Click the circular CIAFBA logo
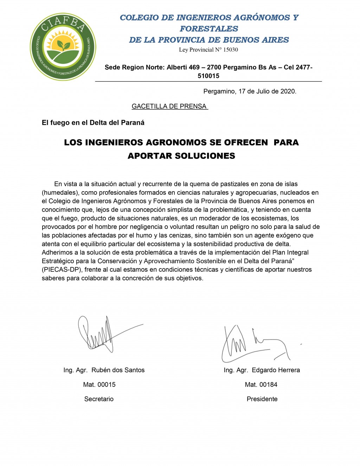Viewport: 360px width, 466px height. pos(63,47)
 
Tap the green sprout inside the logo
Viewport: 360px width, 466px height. pos(63,45)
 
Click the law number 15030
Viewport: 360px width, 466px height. pos(231,50)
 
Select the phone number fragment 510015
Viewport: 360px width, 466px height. pos(208,76)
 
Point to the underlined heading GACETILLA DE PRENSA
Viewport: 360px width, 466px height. pos(169,106)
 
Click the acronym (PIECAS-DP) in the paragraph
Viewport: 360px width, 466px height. pos(62,270)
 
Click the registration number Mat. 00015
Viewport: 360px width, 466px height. pos(99,384)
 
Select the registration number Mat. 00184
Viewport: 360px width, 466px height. pos(261,384)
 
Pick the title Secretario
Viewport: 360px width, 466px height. pos(99,399)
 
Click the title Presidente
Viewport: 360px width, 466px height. pos(262,399)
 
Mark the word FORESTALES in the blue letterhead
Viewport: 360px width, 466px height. pos(209,29)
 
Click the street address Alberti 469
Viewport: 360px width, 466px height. pos(183,67)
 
